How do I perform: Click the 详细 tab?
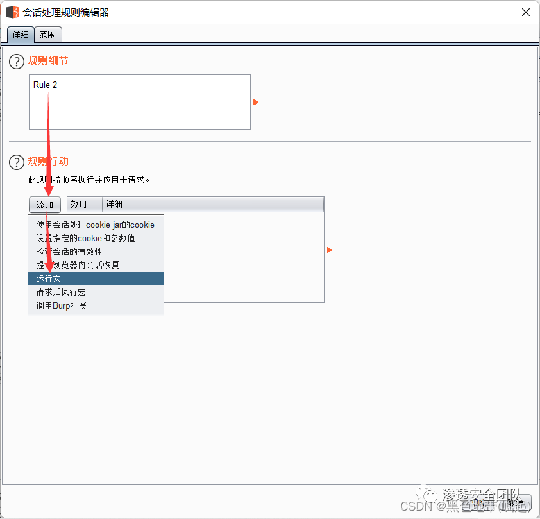(x=21, y=35)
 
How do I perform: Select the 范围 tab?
(x=47, y=35)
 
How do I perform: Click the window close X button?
(x=525, y=12)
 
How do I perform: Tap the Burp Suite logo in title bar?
(x=12, y=12)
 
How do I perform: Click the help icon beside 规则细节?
(x=16, y=62)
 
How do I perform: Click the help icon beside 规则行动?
(x=16, y=162)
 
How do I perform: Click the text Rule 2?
(x=46, y=85)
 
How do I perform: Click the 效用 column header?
(x=79, y=204)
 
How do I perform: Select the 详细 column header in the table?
(x=114, y=204)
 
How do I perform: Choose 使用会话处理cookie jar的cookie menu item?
(x=96, y=225)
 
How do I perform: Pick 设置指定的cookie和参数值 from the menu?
(x=86, y=238)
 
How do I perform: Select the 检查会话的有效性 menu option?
(x=69, y=251)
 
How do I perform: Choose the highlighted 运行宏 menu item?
(x=49, y=279)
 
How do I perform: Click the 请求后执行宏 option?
(x=61, y=292)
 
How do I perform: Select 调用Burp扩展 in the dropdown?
(x=62, y=305)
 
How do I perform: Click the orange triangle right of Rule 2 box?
(x=256, y=102)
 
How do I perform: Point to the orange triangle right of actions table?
(x=330, y=250)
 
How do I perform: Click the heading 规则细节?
(x=48, y=61)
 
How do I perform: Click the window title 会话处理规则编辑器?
(x=66, y=12)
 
